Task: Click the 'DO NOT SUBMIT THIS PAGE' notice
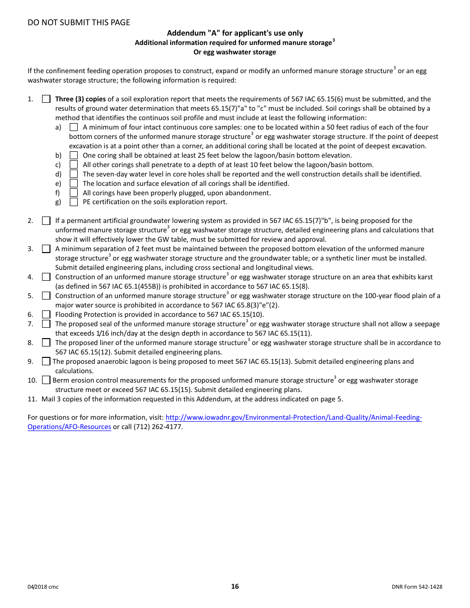click(79, 22)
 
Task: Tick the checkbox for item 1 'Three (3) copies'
click(46, 99)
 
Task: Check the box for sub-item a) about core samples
click(74, 128)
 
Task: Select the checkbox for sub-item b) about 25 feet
click(74, 155)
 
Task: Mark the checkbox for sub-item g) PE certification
click(74, 202)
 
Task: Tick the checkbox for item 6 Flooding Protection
click(46, 314)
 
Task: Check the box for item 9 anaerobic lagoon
click(46, 361)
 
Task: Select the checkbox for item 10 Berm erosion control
click(46, 380)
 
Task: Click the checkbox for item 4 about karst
click(46, 277)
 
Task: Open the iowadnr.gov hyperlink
click(293, 418)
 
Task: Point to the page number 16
click(235, 586)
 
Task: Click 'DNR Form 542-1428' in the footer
click(417, 587)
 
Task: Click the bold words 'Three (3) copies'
click(80, 99)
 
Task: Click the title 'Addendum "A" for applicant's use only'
click(235, 33)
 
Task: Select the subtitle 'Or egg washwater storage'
click(235, 52)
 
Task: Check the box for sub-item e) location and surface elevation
click(74, 183)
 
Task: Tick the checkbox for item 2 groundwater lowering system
click(46, 220)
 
